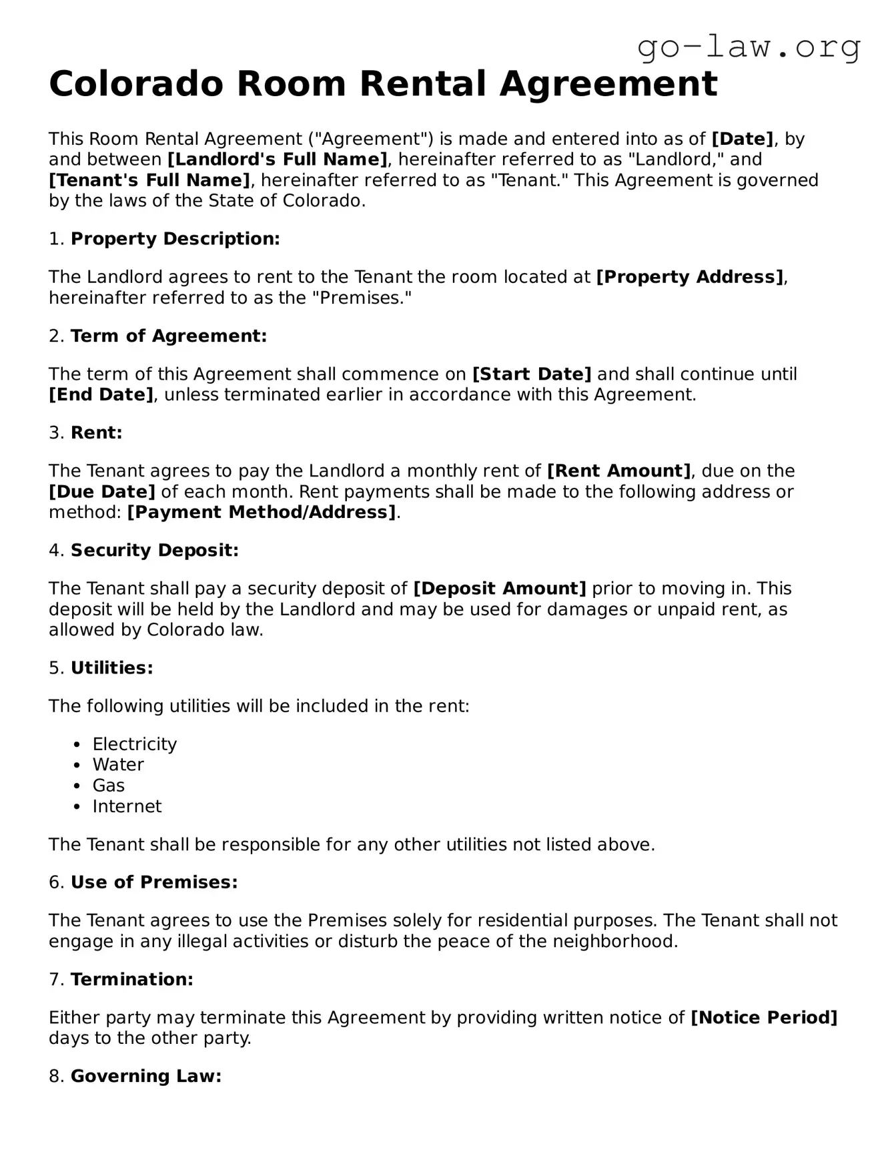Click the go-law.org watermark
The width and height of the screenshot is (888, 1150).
tap(749, 47)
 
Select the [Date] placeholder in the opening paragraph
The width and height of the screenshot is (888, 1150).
tap(743, 139)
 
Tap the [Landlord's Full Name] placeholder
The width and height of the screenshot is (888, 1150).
tap(277, 160)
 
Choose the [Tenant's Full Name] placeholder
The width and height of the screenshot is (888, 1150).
tap(149, 180)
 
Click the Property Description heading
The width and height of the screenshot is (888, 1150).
tap(175, 239)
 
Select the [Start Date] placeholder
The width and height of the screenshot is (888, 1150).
tap(532, 374)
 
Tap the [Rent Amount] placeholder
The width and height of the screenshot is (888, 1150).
tap(619, 471)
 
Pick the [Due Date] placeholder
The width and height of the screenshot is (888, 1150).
tap(102, 492)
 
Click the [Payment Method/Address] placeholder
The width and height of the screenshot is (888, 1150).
tap(262, 513)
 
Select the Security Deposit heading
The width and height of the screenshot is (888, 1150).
tap(154, 551)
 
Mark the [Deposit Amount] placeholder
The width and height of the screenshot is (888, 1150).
tap(500, 589)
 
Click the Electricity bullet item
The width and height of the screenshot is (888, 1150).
tap(134, 744)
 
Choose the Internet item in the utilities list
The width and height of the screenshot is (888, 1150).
tap(127, 806)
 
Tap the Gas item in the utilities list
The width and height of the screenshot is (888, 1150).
tap(108, 786)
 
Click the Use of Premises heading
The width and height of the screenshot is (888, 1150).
tap(154, 882)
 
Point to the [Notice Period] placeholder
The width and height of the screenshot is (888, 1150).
tap(764, 1018)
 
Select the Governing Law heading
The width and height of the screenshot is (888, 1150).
tap(145, 1076)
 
